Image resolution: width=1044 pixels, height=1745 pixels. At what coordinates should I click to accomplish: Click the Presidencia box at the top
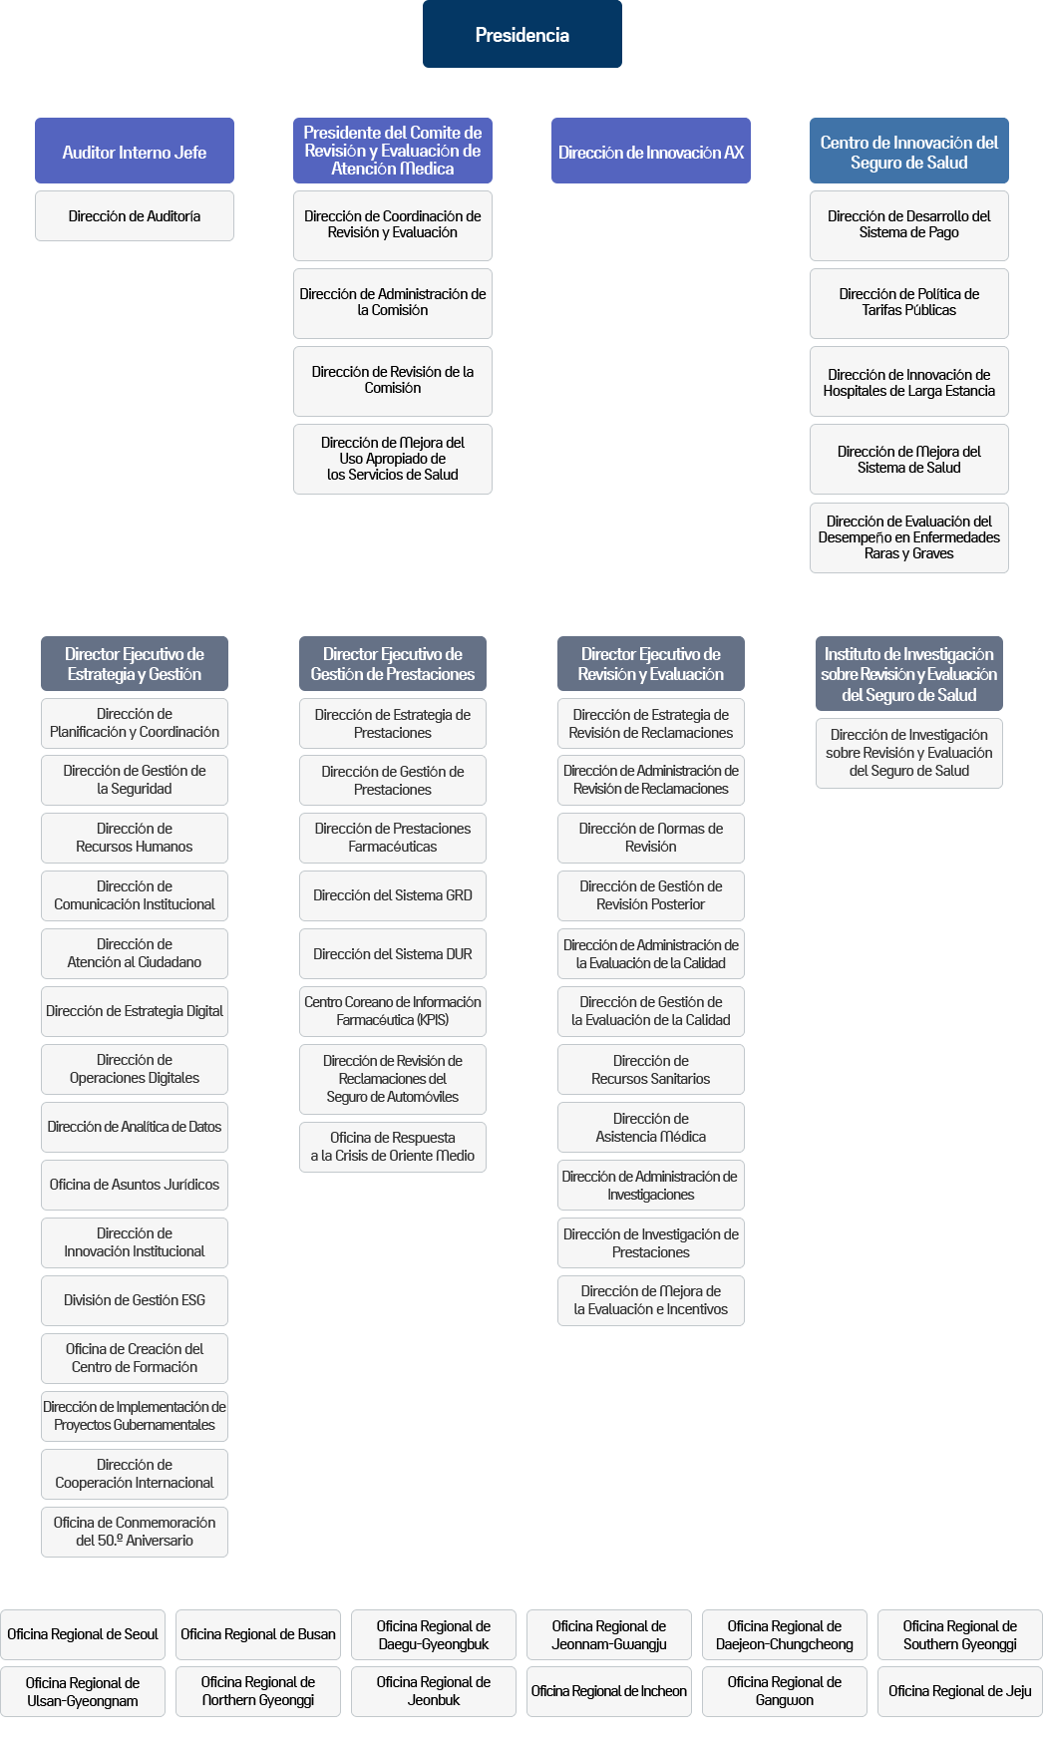(522, 34)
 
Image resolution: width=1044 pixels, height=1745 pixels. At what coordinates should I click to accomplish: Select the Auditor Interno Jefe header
(135, 151)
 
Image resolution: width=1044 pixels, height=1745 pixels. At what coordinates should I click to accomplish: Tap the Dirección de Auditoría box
(135, 216)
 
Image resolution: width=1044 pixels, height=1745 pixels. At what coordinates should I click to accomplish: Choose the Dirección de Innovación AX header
(651, 151)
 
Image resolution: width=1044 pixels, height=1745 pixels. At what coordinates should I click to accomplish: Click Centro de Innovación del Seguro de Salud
(909, 151)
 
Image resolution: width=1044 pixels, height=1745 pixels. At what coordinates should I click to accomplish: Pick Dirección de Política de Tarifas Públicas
(909, 303)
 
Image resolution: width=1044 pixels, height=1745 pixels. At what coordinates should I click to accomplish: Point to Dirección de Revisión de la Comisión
(393, 381)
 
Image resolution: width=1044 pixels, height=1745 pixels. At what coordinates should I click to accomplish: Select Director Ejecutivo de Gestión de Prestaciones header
(393, 663)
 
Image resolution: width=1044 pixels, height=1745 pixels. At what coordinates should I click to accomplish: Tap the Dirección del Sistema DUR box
(393, 954)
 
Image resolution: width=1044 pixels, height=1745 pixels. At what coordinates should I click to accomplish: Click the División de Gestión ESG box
(135, 1301)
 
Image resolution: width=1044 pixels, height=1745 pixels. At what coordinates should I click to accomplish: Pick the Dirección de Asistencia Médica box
(651, 1128)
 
